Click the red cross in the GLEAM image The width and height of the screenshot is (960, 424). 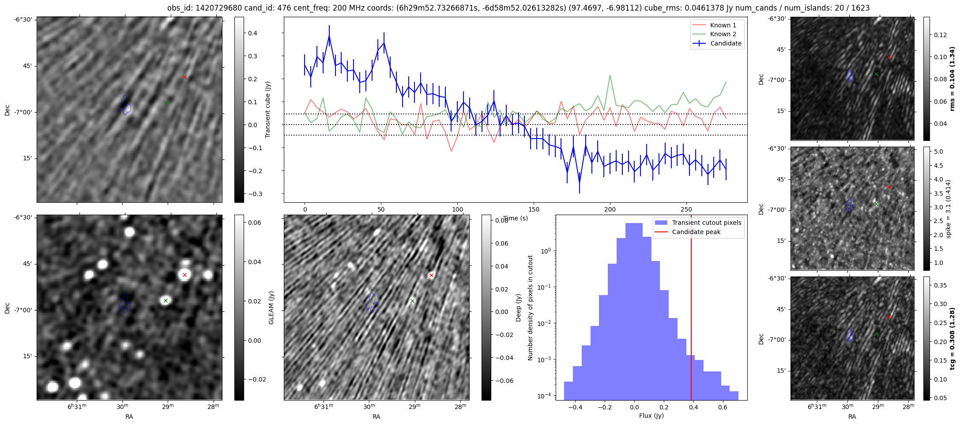pos(184,275)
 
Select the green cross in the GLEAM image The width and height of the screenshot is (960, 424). pos(166,300)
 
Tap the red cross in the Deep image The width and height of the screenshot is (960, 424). pos(431,275)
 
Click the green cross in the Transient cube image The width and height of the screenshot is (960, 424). pos(166,102)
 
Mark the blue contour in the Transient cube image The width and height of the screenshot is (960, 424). pos(125,105)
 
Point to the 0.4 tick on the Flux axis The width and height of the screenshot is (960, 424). pos(693,407)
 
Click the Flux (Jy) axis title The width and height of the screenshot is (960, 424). pos(651,416)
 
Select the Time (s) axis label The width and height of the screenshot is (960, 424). pos(516,218)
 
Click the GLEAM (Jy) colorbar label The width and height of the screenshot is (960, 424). pos(271,307)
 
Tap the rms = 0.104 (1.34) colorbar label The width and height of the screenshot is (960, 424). pos(952,79)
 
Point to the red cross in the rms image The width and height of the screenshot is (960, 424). pos(889,57)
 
